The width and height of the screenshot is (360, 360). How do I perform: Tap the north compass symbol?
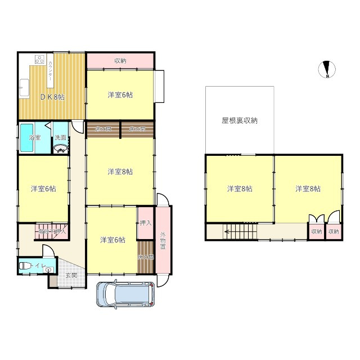coord(327,69)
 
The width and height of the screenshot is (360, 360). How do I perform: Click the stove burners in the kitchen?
coord(39,59)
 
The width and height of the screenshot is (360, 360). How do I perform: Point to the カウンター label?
coord(51,72)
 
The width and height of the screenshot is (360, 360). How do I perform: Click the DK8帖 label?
coord(52,97)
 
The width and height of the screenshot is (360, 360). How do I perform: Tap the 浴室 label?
coord(35,138)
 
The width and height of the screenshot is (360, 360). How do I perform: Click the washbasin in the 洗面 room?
coord(60,148)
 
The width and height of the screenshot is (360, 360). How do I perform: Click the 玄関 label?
coord(71,275)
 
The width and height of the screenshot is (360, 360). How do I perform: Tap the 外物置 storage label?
coord(163,242)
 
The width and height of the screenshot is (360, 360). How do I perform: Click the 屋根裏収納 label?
coord(239,120)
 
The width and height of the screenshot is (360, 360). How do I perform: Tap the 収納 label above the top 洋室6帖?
coord(120,60)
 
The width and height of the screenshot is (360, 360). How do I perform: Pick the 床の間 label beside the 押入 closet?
coord(145,257)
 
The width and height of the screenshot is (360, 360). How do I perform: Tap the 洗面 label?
coord(61,137)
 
